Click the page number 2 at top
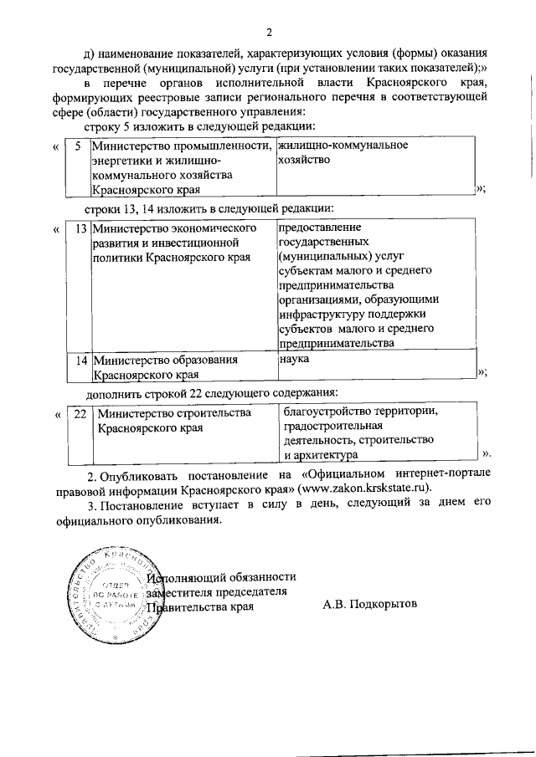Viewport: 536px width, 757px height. [269, 33]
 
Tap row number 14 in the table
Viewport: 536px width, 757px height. [80, 360]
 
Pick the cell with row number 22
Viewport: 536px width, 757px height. [80, 413]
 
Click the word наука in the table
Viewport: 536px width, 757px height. [295, 358]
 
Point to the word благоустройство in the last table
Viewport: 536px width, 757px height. [325, 412]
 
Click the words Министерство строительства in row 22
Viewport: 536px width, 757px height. [174, 413]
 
